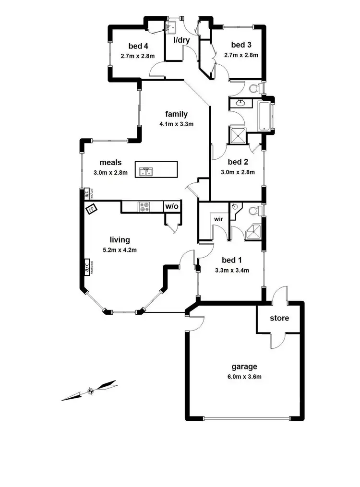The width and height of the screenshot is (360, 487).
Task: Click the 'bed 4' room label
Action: pos(138,46)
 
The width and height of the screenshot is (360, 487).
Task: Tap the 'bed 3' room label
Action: pos(241,45)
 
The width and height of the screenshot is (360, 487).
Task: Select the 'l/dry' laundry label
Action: pos(181,40)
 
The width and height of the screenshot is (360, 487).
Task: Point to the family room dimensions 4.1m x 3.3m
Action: pos(176,124)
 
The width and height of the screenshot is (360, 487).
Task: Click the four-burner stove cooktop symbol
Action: pos(144,207)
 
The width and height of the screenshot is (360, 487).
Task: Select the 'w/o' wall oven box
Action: pos(172,207)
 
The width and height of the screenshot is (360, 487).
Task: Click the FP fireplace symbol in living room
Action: pos(91,209)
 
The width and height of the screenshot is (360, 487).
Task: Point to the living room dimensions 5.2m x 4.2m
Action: pos(120,249)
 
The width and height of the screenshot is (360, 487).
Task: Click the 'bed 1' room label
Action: pos(232,260)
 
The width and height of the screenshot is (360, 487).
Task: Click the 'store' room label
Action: pos(279,318)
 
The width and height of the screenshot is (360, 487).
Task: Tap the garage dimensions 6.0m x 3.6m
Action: pos(245,377)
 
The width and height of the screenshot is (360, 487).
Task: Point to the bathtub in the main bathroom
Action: pos(265,116)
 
